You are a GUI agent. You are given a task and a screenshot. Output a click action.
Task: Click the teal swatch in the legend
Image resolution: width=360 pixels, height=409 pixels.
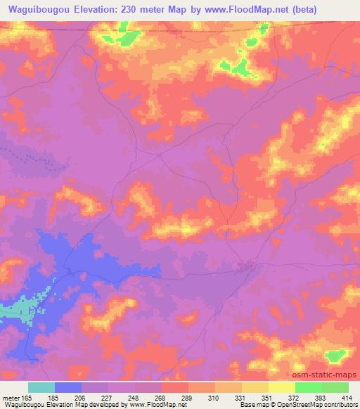41,387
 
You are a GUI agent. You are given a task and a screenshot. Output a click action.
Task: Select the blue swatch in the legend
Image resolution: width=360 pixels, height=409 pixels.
68,387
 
